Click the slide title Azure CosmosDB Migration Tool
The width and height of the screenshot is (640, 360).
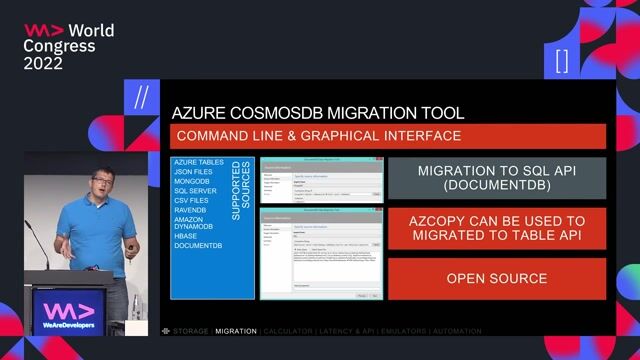(x=317, y=113)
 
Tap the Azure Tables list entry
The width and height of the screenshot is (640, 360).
(x=198, y=161)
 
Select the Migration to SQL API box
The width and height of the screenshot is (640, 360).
(x=496, y=178)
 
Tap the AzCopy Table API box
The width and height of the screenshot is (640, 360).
(x=496, y=228)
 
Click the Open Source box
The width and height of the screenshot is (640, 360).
(x=496, y=278)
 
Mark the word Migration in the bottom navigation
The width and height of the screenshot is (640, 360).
(x=235, y=330)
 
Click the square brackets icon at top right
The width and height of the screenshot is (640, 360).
(x=561, y=60)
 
